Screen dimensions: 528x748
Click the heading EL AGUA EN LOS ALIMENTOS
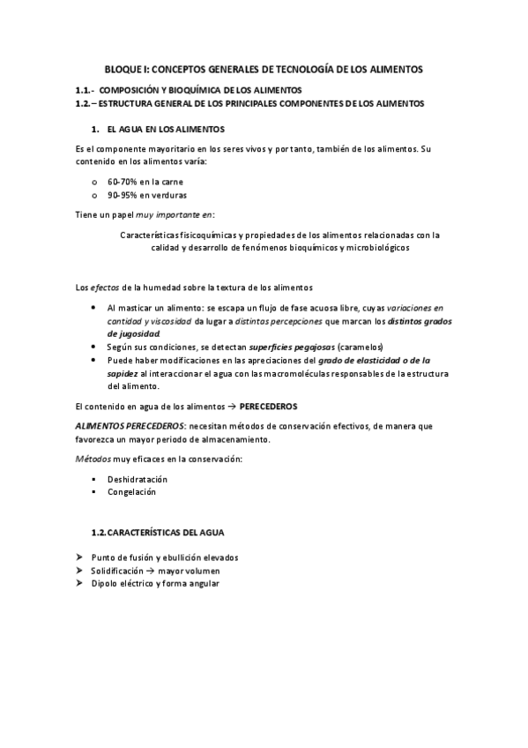[165, 129]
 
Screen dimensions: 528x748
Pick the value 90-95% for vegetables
[122, 195]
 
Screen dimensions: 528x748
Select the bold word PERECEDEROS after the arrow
[268, 406]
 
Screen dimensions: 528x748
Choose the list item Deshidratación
[137, 479]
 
